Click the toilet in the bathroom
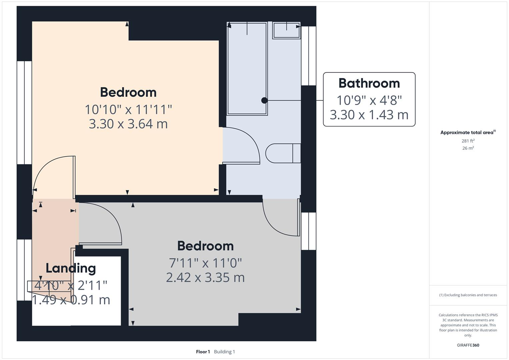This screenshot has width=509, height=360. point(283,153)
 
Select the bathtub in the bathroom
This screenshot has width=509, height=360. point(247,69)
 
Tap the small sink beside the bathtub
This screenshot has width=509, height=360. point(286,30)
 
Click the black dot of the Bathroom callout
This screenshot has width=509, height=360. point(264,100)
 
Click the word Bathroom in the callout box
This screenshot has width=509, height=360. point(369,83)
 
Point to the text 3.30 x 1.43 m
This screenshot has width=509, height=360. point(369,115)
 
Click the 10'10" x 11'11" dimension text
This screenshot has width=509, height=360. point(128,109)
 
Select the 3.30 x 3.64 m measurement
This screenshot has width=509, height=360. point(128,124)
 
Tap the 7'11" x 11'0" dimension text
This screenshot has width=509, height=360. point(205,263)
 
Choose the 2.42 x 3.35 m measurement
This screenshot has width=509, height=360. point(205,277)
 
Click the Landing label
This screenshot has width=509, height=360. point(71,268)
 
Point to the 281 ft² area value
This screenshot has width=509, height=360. point(468,141)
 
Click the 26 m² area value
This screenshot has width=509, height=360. point(468,148)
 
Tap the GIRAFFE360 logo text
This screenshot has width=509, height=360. point(468,345)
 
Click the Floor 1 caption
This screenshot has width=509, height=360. point(203,352)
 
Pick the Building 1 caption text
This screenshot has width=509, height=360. point(224,352)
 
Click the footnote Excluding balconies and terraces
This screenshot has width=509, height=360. point(468,295)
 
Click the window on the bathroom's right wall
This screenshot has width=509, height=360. point(309,56)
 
